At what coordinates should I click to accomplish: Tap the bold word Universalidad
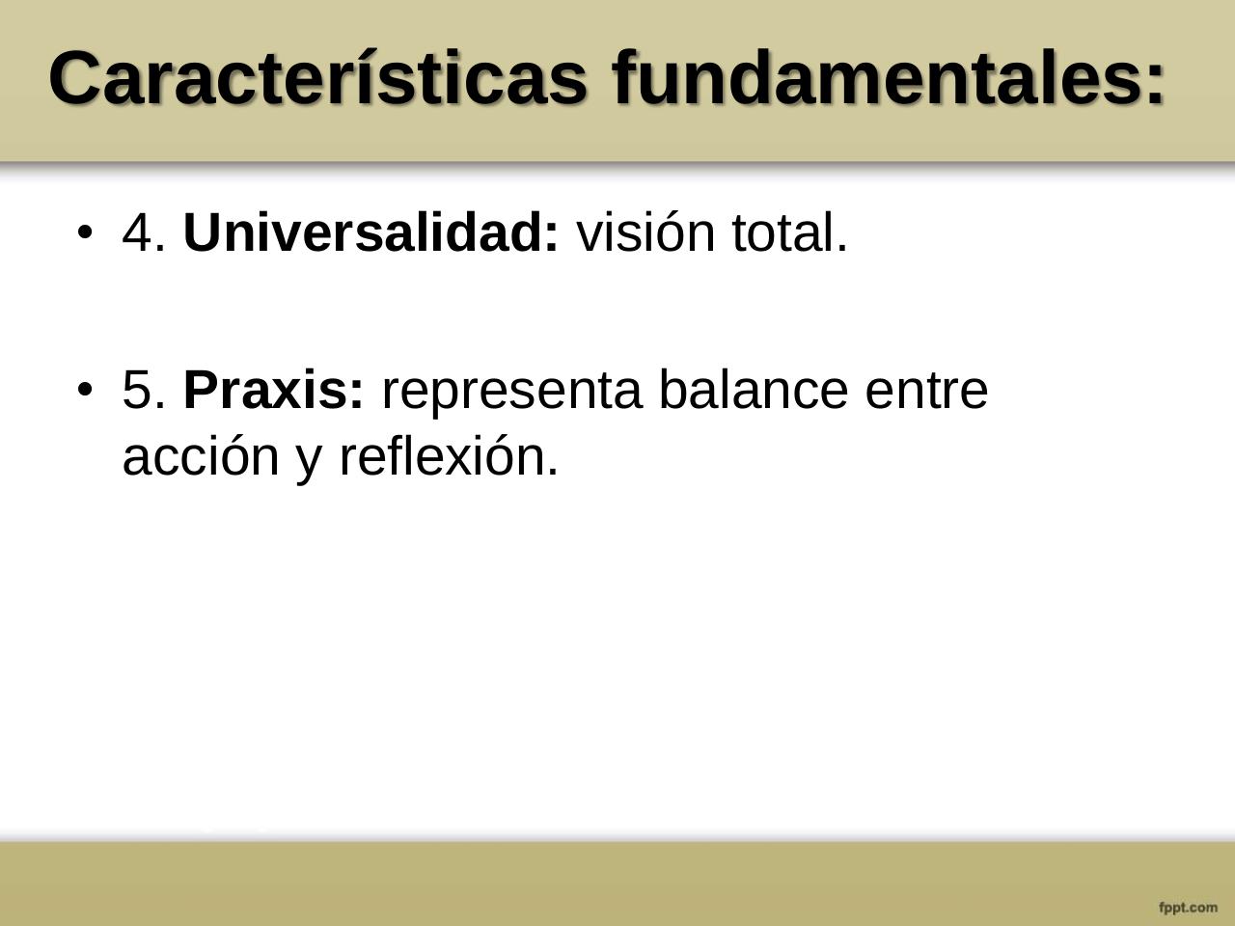click(370, 232)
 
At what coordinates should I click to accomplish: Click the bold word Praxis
click(273, 391)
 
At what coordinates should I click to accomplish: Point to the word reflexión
click(449, 456)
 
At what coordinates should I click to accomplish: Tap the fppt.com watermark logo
click(1188, 907)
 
